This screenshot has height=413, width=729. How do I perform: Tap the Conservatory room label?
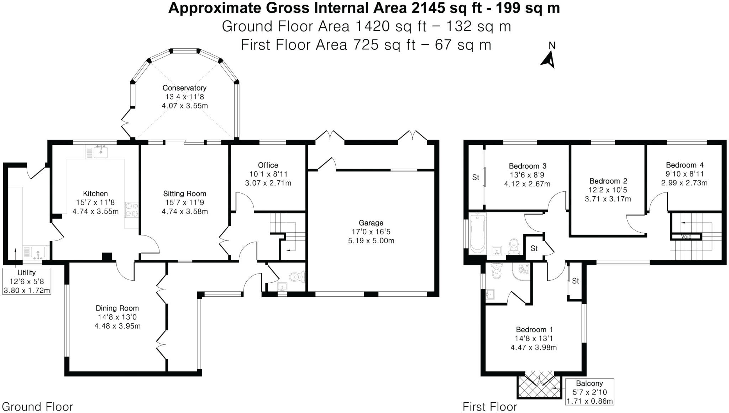[184, 88]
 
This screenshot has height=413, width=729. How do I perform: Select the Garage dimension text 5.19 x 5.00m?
[371, 241]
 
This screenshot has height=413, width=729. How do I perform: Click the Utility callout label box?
[27, 281]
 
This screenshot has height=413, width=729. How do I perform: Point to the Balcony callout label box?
[589, 392]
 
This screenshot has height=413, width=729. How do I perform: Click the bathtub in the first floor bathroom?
[477, 233]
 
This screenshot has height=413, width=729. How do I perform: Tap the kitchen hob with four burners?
[131, 210]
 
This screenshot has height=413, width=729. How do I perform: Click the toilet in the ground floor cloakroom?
[297, 276]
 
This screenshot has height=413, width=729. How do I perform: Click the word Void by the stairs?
[686, 237]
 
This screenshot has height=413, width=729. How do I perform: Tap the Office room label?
[268, 165]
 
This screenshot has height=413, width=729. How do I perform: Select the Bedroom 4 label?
[685, 165]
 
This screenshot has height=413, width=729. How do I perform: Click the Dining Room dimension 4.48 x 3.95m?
[117, 326]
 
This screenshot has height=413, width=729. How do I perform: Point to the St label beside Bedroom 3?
[476, 177]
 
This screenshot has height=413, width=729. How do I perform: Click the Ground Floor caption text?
[37, 407]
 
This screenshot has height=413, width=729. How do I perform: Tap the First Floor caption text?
[490, 407]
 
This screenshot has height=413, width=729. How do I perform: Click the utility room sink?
[38, 252]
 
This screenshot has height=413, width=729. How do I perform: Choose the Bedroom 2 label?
[608, 181]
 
